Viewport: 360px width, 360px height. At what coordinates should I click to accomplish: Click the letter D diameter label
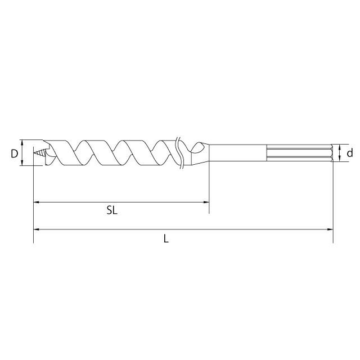(14, 154)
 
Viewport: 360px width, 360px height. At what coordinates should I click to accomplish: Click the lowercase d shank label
(350, 152)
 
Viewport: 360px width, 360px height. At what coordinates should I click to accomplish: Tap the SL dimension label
(112, 210)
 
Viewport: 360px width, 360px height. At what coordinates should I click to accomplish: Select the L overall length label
(166, 238)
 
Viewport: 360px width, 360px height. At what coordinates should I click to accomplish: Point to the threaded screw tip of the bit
(39, 152)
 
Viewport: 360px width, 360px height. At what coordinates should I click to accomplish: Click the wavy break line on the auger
(179, 153)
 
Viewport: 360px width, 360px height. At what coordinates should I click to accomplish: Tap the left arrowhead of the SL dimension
(37, 202)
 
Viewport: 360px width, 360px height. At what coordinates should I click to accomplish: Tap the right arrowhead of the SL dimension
(206, 202)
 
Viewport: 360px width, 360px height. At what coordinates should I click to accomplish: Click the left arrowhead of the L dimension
(37, 229)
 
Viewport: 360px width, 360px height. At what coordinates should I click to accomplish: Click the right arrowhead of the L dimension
(330, 229)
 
